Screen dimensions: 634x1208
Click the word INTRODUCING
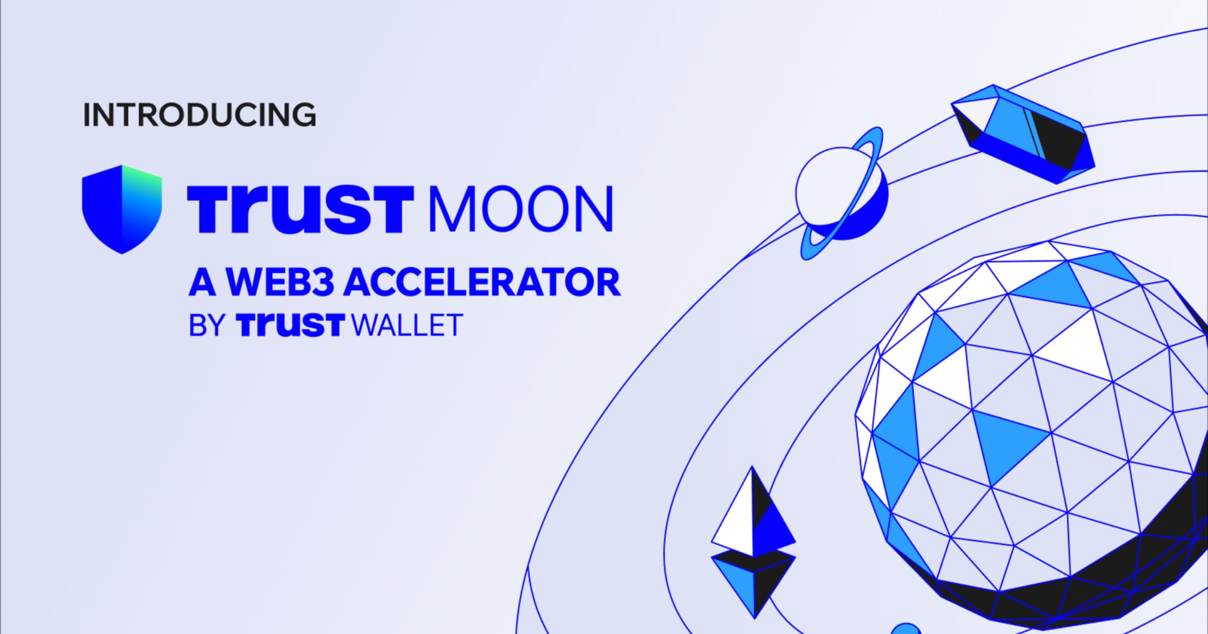199,115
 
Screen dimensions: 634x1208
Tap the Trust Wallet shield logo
122,209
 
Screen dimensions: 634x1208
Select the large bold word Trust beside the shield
300,209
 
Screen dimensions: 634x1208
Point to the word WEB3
280,282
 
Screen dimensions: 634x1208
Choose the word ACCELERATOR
482,282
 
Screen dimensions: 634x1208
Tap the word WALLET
407,326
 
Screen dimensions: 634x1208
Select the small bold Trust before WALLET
290,326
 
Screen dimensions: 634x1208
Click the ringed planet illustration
841,194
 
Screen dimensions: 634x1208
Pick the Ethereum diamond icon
753,543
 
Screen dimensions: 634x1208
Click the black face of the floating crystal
1054,136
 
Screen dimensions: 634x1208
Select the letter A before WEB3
202,282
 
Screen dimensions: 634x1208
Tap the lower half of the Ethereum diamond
753,584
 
